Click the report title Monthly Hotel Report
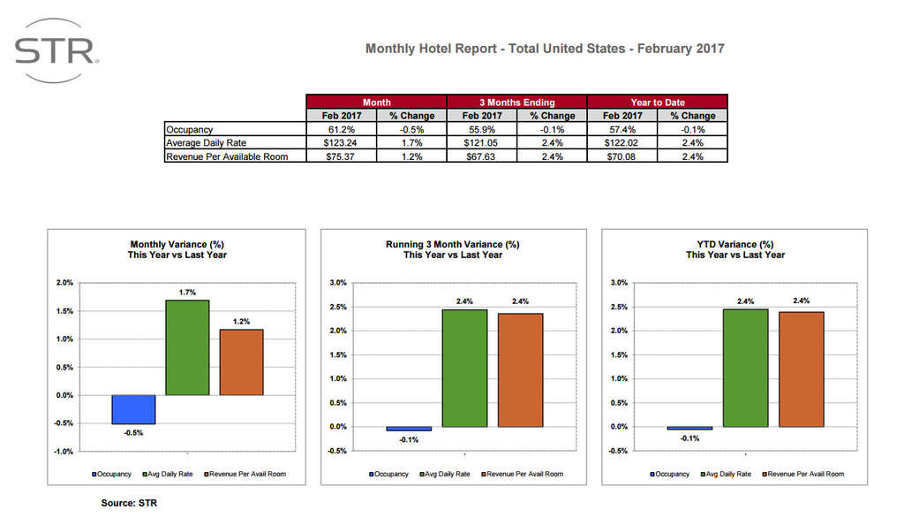(x=545, y=48)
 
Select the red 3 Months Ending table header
(x=516, y=102)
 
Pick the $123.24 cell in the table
(x=341, y=142)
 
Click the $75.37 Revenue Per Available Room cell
(x=341, y=156)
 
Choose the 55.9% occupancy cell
(x=482, y=129)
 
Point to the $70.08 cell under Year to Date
(x=621, y=156)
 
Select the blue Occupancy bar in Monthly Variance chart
(x=133, y=409)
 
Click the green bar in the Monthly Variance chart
(x=187, y=347)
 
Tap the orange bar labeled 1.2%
(x=241, y=362)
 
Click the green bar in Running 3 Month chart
(x=464, y=368)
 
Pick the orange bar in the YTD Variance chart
(x=801, y=369)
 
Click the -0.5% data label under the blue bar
(x=133, y=433)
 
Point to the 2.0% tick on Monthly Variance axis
(x=64, y=283)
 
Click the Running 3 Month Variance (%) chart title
(x=452, y=244)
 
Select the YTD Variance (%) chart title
(x=734, y=244)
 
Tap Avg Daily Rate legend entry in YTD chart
(x=726, y=474)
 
